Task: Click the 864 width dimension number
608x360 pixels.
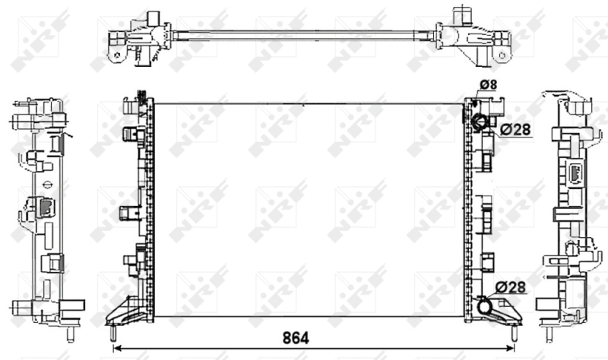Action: [x=296, y=338]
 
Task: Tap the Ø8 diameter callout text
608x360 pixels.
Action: [x=488, y=84]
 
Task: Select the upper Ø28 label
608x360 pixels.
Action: [x=515, y=129]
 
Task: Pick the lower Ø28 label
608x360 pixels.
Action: [x=510, y=287]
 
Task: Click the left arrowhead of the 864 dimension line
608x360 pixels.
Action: [x=116, y=348]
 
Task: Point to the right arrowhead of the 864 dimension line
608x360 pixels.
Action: [x=511, y=348]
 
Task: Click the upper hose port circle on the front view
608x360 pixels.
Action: [x=479, y=122]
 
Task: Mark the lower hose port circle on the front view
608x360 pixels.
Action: [x=484, y=306]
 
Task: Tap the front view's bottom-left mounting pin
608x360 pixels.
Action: [x=112, y=333]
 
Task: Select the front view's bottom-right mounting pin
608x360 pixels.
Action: [x=514, y=333]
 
